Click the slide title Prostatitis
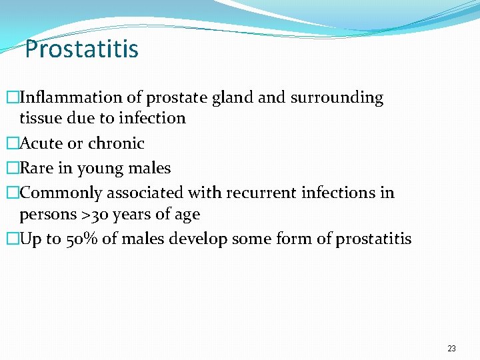(x=81, y=49)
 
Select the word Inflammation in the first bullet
(x=71, y=97)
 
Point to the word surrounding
(x=336, y=98)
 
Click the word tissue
(x=40, y=118)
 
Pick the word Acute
(x=42, y=143)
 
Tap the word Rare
(x=37, y=168)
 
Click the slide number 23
(x=451, y=349)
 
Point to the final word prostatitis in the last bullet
(x=373, y=239)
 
